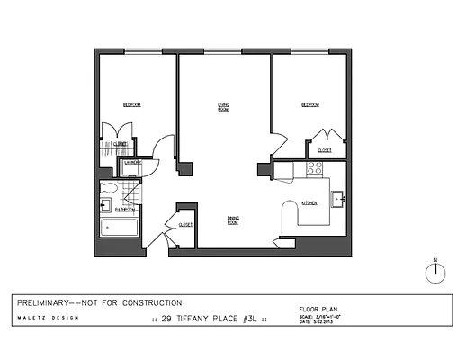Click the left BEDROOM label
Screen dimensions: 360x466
click(131, 105)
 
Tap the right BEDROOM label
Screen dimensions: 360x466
click(309, 105)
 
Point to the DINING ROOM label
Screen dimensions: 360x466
click(233, 219)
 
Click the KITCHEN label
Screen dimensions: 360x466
click(309, 203)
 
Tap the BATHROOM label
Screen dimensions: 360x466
click(122, 211)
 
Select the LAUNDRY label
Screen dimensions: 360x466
click(132, 163)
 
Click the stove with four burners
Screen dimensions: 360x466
click(315, 167)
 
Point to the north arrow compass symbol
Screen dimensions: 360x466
click(435, 273)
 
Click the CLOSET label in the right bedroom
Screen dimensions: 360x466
click(324, 150)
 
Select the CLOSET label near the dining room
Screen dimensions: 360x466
click(185, 225)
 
